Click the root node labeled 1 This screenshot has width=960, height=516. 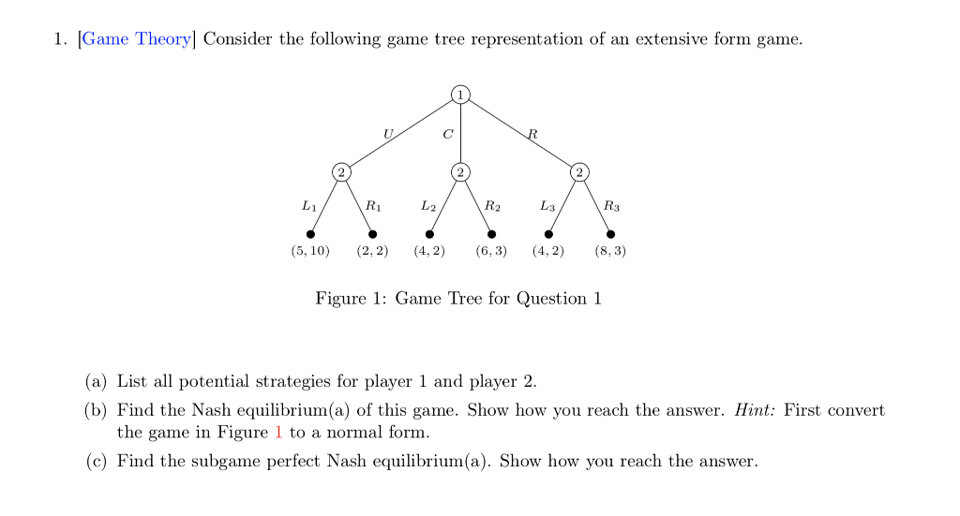click(460, 94)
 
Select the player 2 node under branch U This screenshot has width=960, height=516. click(341, 171)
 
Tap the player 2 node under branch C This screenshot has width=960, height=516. click(460, 171)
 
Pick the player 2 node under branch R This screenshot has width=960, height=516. click(580, 171)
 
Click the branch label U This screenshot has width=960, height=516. click(386, 135)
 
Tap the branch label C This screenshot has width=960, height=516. click(447, 135)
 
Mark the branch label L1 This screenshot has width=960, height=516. click(308, 204)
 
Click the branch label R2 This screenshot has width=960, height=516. click(491, 204)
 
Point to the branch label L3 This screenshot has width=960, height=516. click(547, 204)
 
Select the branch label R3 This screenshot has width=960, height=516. click(611, 204)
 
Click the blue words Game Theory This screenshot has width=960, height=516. click(138, 39)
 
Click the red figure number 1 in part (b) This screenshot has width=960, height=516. click(278, 433)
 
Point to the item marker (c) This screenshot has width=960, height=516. click(97, 462)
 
